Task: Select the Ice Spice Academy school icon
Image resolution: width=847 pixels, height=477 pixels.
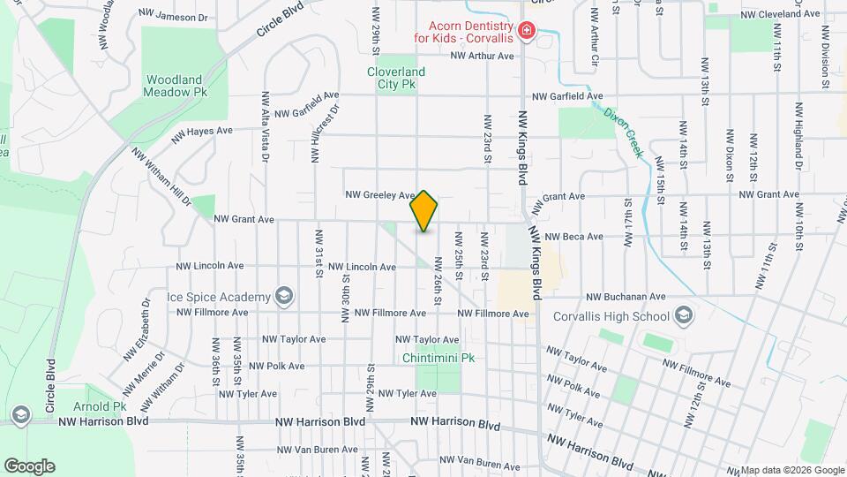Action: click(x=284, y=295)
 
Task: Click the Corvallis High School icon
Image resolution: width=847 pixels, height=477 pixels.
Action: click(x=683, y=315)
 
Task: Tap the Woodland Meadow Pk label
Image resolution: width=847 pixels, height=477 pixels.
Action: click(x=176, y=85)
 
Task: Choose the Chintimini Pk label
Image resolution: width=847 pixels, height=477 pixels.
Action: click(x=438, y=358)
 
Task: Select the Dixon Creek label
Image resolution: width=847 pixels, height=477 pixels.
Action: click(x=624, y=132)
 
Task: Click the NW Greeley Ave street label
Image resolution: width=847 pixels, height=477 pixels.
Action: click(x=379, y=194)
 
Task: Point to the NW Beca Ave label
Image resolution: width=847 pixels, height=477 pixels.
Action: click(x=573, y=237)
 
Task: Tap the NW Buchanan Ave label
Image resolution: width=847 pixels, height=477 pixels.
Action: click(x=631, y=297)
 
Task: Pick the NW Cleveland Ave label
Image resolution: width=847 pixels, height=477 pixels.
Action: click(x=780, y=14)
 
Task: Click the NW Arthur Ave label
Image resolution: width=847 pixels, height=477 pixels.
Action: click(x=481, y=56)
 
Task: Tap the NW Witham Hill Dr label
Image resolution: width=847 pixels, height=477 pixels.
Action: click(x=161, y=177)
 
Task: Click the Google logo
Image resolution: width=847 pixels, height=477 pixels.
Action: click(x=29, y=466)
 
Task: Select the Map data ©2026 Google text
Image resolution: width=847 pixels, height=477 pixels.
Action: click(x=791, y=470)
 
